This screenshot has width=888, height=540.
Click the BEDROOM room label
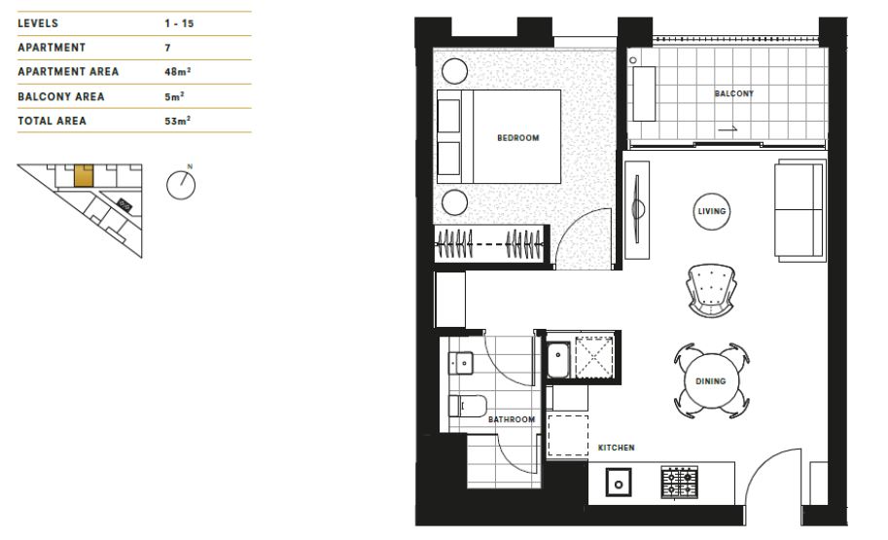[517, 138]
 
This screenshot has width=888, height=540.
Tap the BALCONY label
[733, 94]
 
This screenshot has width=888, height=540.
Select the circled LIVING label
[712, 211]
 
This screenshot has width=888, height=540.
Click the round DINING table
[711, 381]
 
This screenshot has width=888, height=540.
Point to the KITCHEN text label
[616, 448]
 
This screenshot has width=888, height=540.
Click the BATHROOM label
[512, 419]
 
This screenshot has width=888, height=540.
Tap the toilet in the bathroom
[464, 406]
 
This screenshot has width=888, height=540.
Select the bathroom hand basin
[461, 363]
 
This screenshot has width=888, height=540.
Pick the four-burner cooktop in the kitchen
[680, 482]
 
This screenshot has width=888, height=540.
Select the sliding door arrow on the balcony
[728, 127]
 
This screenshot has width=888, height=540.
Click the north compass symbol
[182, 184]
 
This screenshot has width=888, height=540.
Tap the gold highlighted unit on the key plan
[85, 175]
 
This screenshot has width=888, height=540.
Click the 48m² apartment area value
[177, 72]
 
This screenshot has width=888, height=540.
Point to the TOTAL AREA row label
[52, 121]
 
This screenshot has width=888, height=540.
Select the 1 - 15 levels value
[180, 21]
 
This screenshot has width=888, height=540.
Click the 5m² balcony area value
[174, 96]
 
